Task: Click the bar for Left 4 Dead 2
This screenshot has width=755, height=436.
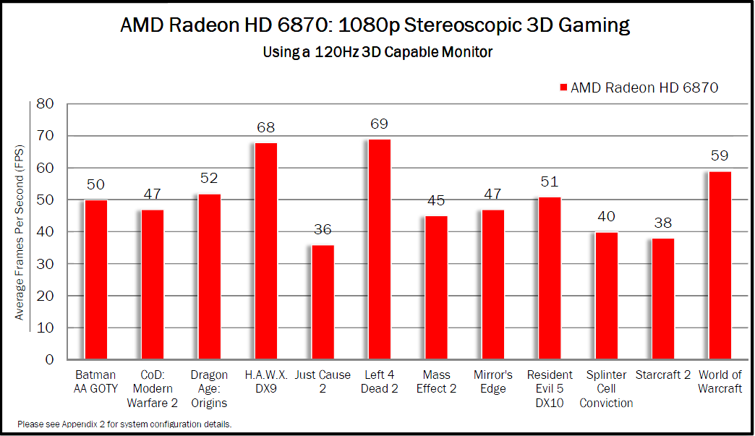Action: point(379,249)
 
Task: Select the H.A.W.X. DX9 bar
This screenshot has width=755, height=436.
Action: point(265,251)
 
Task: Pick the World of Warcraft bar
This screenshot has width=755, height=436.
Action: point(720,265)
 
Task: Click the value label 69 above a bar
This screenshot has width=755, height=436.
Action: point(379,124)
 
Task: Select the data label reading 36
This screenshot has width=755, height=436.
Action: point(323,230)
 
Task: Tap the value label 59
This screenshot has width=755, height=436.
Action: point(720,156)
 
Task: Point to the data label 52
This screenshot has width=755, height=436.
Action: point(209,179)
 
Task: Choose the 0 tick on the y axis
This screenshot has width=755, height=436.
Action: point(50,359)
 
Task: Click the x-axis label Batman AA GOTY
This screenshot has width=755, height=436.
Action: point(95,382)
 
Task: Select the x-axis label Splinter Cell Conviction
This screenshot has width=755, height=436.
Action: point(606,389)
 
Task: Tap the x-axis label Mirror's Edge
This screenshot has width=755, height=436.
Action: point(492,382)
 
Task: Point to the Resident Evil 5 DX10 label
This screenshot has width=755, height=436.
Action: point(550,389)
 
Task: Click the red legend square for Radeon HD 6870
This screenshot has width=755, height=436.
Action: point(563,87)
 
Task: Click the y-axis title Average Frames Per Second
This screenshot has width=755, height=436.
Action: point(20,233)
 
